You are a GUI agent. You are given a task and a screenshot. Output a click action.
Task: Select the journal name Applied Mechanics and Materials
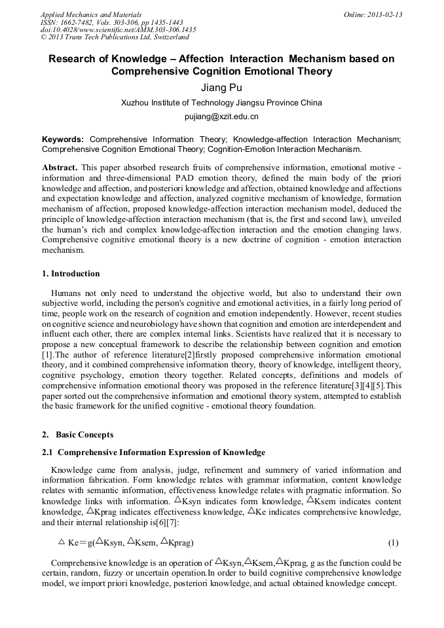click(91, 14)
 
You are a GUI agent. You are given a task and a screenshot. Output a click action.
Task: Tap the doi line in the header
click(118, 29)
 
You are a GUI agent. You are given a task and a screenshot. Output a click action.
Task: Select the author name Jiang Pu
click(221, 88)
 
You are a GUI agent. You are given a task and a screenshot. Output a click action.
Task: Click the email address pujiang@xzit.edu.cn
click(221, 117)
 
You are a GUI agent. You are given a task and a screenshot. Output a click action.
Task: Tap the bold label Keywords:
click(63, 139)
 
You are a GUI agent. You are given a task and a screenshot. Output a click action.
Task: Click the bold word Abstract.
click(60, 168)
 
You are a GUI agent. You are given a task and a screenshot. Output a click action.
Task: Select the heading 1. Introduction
click(71, 274)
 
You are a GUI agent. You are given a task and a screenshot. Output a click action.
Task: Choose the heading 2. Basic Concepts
click(77, 435)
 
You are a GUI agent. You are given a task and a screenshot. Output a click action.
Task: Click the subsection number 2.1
click(48, 453)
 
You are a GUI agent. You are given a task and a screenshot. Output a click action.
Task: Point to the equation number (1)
click(393, 543)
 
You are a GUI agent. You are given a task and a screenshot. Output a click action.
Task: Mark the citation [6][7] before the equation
click(165, 523)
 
